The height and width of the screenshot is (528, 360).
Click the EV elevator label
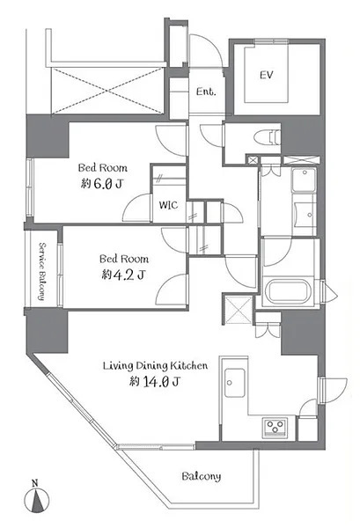[266, 75]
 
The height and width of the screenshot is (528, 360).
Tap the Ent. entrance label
[206, 92]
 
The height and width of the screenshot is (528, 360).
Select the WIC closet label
[168, 205]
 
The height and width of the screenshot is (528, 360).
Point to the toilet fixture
[268, 138]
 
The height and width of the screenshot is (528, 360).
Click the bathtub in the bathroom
[289, 291]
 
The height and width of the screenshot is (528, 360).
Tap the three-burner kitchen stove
[276, 427]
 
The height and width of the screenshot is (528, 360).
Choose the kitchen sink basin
[235, 383]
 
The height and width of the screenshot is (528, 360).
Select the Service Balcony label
[42, 271]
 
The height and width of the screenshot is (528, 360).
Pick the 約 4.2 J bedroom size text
[123, 275]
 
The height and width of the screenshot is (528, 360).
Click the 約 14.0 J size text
[155, 381]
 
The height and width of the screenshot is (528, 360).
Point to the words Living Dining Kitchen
[155, 365]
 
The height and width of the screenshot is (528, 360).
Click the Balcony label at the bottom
[202, 476]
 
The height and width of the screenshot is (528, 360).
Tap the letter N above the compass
[34, 483]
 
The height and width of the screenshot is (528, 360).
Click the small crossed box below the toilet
[253, 159]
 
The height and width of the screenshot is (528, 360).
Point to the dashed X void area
[108, 91]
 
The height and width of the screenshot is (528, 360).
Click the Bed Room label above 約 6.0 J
[103, 167]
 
